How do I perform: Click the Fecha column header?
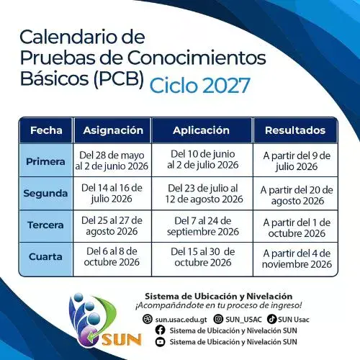click(46, 130)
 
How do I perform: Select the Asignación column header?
click(113, 130)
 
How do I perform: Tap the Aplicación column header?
click(201, 130)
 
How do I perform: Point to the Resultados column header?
click(294, 130)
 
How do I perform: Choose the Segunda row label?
click(46, 193)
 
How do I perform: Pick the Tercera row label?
click(46, 225)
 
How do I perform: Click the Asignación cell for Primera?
click(113, 161)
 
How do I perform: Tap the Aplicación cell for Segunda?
click(205, 193)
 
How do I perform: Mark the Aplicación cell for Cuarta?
click(205, 257)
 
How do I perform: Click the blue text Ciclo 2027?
click(200, 85)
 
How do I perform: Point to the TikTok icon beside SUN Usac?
click(271, 318)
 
